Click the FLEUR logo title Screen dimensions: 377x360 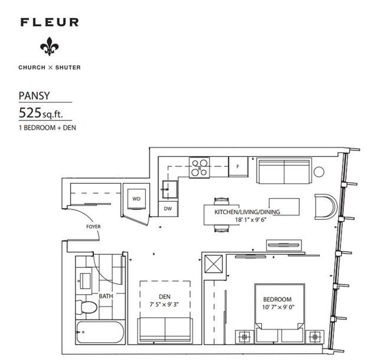point(50,22)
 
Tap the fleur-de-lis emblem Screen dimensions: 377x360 point(50,47)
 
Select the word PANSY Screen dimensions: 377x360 point(34,96)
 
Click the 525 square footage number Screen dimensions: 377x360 point(30,113)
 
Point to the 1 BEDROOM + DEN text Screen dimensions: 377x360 point(47,127)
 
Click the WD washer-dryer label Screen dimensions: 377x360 point(136,199)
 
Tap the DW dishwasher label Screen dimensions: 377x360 point(168,209)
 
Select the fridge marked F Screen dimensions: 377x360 point(238,166)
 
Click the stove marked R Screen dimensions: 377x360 point(199,168)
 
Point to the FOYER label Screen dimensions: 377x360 point(93,227)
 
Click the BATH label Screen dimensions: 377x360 point(106,296)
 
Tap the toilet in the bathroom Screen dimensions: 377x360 point(86,307)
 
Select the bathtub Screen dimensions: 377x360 point(100,332)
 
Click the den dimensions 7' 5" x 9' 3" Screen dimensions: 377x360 point(164,305)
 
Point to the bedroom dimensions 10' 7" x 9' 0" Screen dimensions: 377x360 point(278,307)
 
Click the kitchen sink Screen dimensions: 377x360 point(170,189)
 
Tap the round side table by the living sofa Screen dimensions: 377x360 point(319,172)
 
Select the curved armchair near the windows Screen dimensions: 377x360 point(325,207)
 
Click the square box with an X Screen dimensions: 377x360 point(214,264)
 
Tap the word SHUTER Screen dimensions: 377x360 point(68,68)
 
